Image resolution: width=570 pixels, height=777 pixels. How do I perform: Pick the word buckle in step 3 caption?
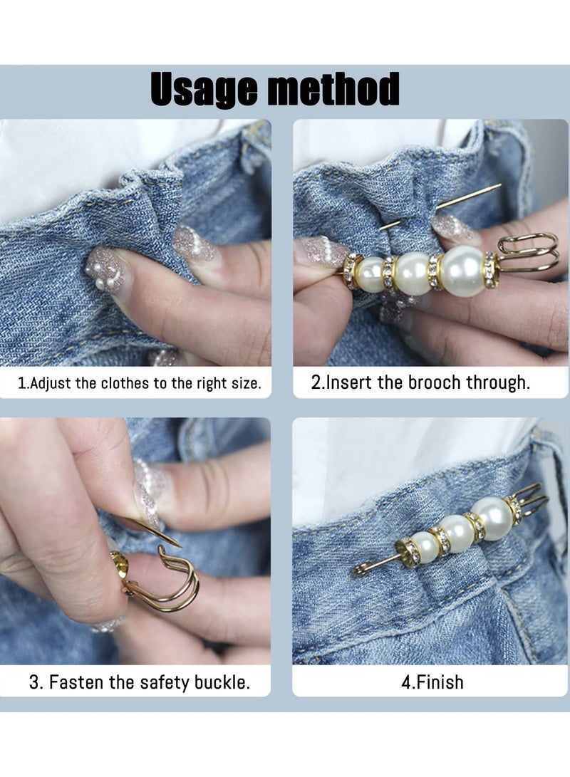pos(221,682)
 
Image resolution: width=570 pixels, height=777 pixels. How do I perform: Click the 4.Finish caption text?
pos(432,682)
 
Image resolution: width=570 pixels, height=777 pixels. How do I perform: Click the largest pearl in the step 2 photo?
pos(462,271)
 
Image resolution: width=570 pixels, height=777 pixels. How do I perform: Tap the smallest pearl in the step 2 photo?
pos(370,274)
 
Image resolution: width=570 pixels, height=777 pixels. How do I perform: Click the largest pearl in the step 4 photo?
pos(492,518)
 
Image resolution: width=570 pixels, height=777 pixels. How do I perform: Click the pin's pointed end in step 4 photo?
pos(358,570)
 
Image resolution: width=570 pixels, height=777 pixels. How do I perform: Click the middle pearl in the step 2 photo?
pos(412,273)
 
